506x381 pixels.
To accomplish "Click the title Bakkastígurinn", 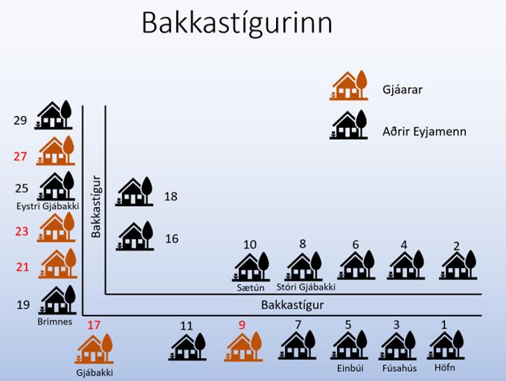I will (x=237, y=23).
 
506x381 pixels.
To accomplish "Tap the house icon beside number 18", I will (x=135, y=193).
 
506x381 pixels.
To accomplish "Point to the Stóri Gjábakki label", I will (x=306, y=286).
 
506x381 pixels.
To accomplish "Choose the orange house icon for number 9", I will (x=243, y=346).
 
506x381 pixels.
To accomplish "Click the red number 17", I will (x=94, y=324).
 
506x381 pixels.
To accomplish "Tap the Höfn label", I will (x=445, y=368).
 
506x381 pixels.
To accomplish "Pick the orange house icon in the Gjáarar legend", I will (x=349, y=86).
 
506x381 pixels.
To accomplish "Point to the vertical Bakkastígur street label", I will (x=95, y=206).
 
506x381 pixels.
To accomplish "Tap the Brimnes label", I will (x=54, y=321).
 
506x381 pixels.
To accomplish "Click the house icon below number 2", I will (x=457, y=265).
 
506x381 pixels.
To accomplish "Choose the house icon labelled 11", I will (x=188, y=346).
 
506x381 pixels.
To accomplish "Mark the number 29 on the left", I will (x=20, y=120).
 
